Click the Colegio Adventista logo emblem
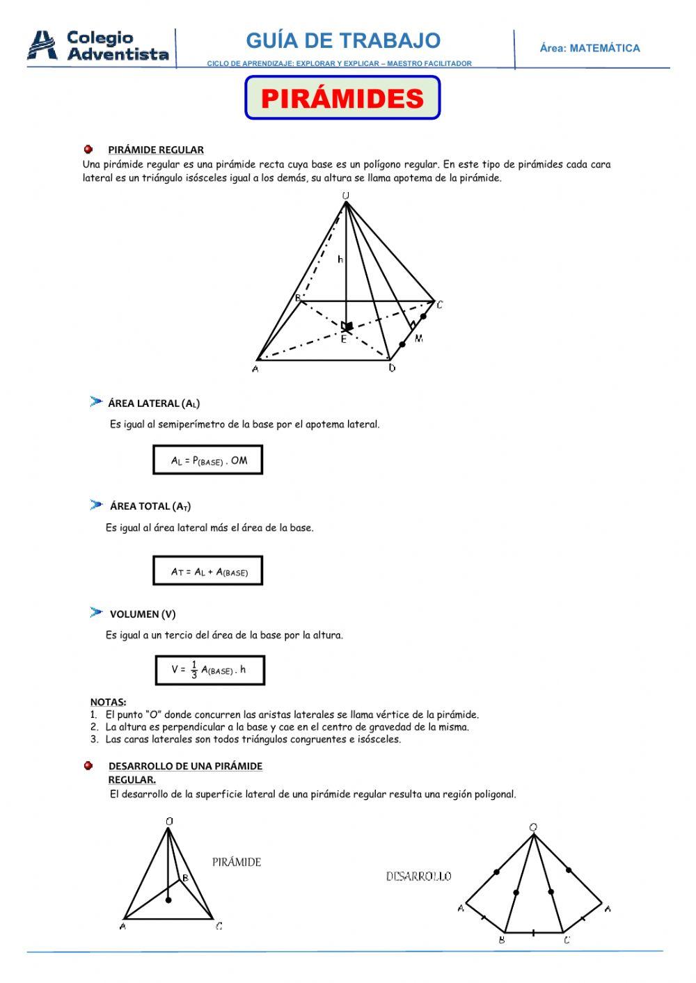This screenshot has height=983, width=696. coord(42,45)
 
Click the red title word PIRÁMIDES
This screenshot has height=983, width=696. coord(342,98)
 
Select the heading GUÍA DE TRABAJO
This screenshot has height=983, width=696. coord(343,40)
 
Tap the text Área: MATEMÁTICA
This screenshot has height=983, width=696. coord(590,48)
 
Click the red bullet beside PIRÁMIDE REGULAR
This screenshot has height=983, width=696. coord(88,149)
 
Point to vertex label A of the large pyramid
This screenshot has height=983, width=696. coord(255,369)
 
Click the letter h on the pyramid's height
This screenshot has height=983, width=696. coord(340,259)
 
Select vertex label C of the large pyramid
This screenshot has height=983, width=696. coord(439,305)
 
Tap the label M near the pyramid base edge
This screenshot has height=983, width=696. coord(419,338)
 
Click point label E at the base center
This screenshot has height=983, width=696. coord(343,339)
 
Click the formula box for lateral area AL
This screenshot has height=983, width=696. coord(207,460)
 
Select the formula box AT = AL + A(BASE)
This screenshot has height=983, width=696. coord(207,571)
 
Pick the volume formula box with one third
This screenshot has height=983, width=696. coord(209,670)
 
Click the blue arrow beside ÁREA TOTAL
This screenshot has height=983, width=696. coord(96,504)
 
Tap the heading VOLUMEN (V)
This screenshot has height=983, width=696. coord(143,614)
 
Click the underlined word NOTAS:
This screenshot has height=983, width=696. coord(108,702)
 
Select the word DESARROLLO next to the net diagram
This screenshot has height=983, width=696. coord(418,877)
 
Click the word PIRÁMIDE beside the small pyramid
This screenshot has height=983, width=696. coord(237,862)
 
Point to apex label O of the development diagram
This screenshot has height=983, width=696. coord(533,827)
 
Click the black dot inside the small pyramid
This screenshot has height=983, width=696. coord(168,900)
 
